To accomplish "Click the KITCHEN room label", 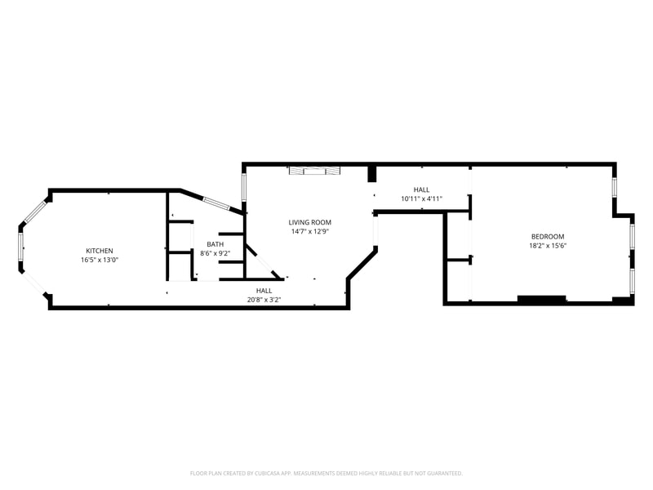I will point(100,251).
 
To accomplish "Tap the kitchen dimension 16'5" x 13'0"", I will point(100,260).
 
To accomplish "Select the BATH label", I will point(215,244).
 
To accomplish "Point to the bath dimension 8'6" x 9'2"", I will point(215,253).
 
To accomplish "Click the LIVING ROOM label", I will point(310,222).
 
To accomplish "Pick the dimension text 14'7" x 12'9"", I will point(310,231).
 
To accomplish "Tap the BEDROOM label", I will point(547,236).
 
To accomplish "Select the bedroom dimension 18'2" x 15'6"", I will point(547,245).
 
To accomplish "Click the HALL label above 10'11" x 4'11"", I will point(421,189).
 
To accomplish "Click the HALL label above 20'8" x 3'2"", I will point(264,291).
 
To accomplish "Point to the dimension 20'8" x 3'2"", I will point(264,300).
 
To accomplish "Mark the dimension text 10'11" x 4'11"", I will point(421,198).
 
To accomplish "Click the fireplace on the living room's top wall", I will point(314,170).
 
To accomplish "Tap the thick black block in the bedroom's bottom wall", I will point(542,299).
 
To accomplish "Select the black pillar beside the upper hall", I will point(372,174).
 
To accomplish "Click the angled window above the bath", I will point(218,203).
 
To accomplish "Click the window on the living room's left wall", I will point(244,189).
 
